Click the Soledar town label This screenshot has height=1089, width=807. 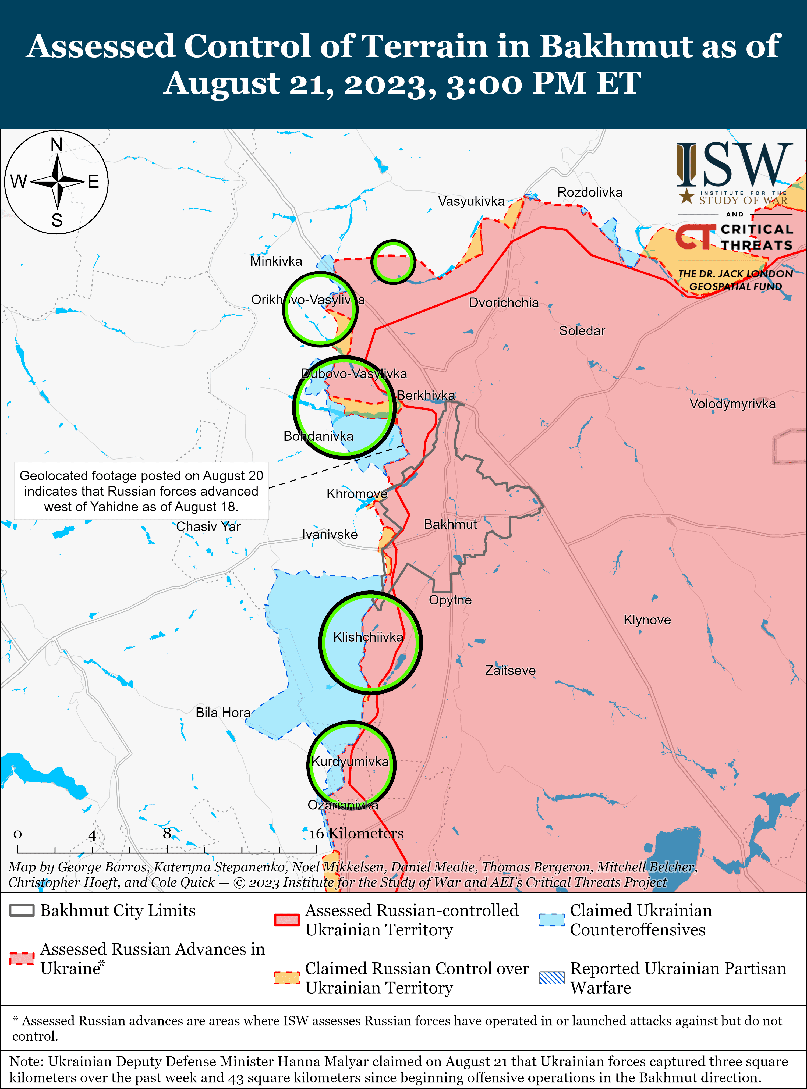coord(582,331)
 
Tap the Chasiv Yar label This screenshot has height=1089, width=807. coord(208,526)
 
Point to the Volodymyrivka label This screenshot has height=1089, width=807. coord(732,404)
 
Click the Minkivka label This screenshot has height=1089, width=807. coord(276,261)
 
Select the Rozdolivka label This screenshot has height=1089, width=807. coord(590,193)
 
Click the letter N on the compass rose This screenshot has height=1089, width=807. coord(57,145)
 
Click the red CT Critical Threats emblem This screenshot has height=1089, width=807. coord(695,237)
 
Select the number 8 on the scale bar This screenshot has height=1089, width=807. coord(167,833)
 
